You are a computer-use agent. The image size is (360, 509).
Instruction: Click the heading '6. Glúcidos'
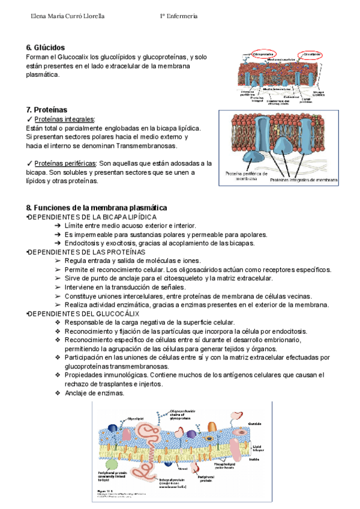[46, 47]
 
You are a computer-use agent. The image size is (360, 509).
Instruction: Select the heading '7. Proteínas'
[47, 110]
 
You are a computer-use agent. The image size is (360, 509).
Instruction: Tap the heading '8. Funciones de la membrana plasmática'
[97, 207]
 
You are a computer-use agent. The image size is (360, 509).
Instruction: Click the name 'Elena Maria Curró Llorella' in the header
[67, 16]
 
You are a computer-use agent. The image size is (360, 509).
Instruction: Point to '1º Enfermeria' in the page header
[178, 16]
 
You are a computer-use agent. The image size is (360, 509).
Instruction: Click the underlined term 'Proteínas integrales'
[65, 119]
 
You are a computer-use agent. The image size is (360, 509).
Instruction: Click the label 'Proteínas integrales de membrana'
[304, 179]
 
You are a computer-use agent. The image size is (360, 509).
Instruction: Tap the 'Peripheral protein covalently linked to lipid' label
[113, 477]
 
